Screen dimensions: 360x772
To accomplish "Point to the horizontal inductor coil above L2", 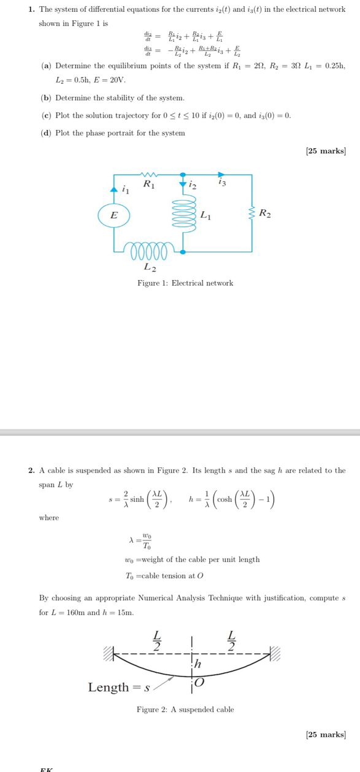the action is pyautogui.click(x=150, y=251).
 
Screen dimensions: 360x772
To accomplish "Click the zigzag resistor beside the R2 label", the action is pyautogui.click(x=251, y=214).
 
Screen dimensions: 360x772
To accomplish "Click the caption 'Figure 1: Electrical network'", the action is pyautogui.click(x=185, y=283).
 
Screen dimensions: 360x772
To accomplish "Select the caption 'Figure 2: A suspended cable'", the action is pyautogui.click(x=185, y=709).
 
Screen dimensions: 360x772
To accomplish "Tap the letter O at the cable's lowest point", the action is pyautogui.click(x=199, y=683).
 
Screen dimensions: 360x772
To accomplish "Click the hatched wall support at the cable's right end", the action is pyautogui.click(x=274, y=653).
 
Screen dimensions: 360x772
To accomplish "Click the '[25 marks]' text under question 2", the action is pyautogui.click(x=326, y=734).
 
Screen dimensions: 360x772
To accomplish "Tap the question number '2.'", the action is pyautogui.click(x=32, y=470).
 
